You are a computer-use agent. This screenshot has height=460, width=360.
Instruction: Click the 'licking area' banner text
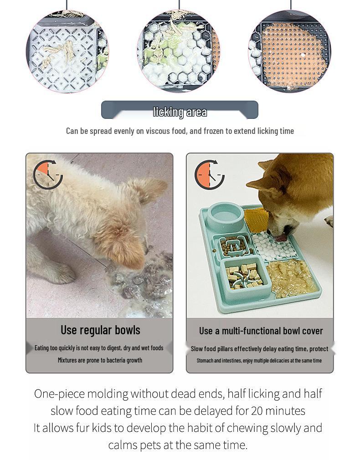click(180, 112)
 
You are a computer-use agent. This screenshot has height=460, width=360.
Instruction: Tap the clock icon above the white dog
click(48, 174)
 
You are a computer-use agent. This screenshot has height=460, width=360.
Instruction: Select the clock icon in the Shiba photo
click(209, 174)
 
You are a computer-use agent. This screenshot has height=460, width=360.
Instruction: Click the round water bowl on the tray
click(226, 217)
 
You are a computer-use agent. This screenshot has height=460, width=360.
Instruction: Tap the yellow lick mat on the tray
click(257, 220)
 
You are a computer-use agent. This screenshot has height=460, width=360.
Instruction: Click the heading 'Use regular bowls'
click(100, 330)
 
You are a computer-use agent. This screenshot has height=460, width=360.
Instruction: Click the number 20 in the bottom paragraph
click(257, 410)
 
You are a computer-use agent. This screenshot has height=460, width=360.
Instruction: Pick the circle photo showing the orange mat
click(289, 51)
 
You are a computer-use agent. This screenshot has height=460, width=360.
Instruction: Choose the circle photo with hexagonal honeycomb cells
click(179, 51)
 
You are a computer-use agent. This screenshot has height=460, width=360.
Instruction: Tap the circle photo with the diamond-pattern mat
click(67, 51)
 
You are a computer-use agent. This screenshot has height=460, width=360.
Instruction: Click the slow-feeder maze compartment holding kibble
click(234, 246)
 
